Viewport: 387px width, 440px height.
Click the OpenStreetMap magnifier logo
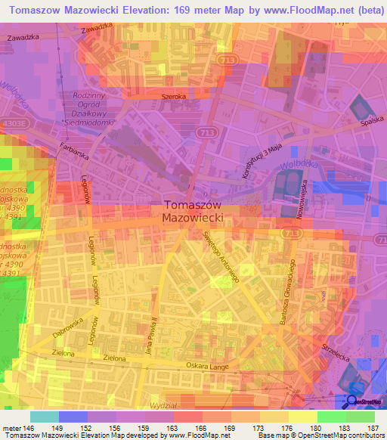351,401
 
